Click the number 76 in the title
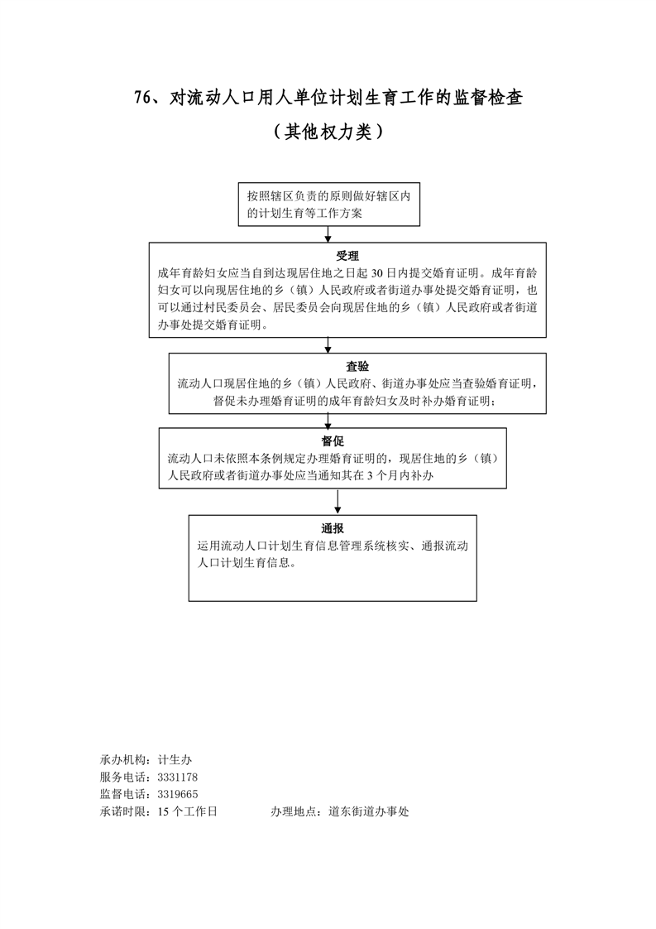pyautogui.click(x=142, y=98)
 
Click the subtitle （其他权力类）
pyautogui.click(x=328, y=132)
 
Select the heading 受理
pyautogui.click(x=347, y=255)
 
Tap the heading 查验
pyautogui.click(x=357, y=367)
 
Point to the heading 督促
pyautogui.click(x=333, y=440)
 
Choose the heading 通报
pyautogui.click(x=333, y=528)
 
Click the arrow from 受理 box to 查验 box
pyautogui.click(x=329, y=345)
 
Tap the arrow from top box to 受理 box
pyautogui.click(x=328, y=234)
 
